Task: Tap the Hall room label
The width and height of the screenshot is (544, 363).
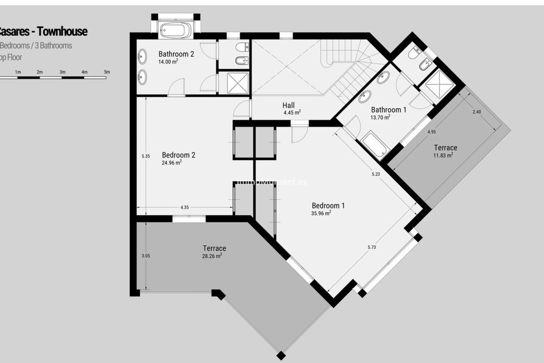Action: pyautogui.click(x=288, y=105)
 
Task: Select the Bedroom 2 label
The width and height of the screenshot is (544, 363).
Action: pyautogui.click(x=178, y=155)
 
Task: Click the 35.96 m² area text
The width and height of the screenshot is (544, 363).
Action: pyautogui.click(x=321, y=213)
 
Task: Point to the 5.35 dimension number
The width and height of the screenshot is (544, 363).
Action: pyautogui.click(x=146, y=156)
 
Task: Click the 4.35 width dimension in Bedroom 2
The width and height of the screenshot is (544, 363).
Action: pyautogui.click(x=184, y=207)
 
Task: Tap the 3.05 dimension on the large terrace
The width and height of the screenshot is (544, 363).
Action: pyautogui.click(x=146, y=256)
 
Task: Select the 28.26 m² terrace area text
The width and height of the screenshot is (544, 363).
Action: pyautogui.click(x=212, y=256)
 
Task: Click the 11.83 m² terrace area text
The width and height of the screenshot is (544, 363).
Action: pyautogui.click(x=443, y=155)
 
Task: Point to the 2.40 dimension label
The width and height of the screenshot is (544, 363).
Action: pyautogui.click(x=477, y=112)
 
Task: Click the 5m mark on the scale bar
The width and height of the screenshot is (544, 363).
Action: pyautogui.click(x=107, y=72)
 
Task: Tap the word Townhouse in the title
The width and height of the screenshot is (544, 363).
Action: pyautogui.click(x=62, y=31)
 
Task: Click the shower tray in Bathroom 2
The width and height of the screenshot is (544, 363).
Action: pyautogui.click(x=234, y=83)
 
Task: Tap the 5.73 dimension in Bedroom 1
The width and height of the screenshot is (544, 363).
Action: pyautogui.click(x=372, y=247)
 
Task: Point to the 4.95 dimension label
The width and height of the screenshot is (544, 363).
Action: pyautogui.click(x=432, y=132)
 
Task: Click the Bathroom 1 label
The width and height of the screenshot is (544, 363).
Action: pyautogui.click(x=388, y=110)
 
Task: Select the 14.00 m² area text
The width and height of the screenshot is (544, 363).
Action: pyautogui.click(x=168, y=62)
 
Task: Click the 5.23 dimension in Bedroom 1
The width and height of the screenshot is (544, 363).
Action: pyautogui.click(x=376, y=174)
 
